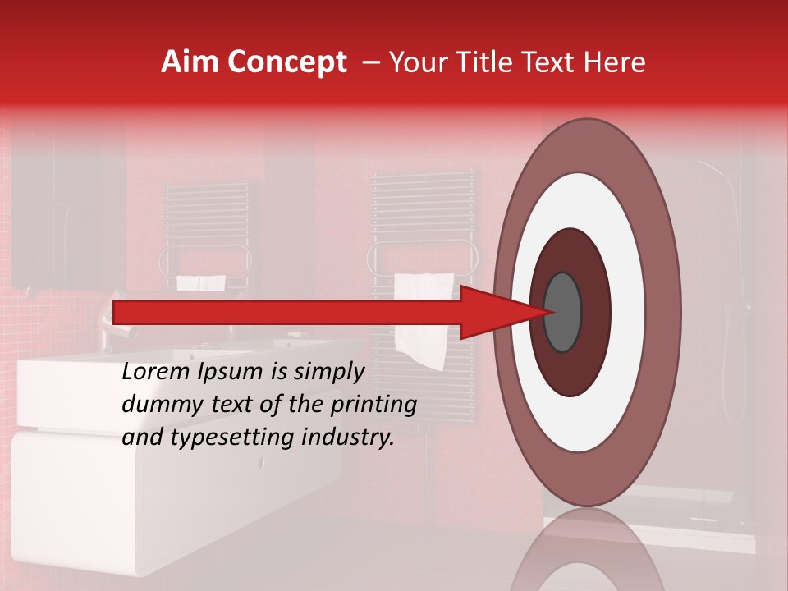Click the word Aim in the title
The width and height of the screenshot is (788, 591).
190,62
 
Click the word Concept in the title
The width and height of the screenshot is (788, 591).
286,63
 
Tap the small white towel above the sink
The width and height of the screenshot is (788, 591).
201,282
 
